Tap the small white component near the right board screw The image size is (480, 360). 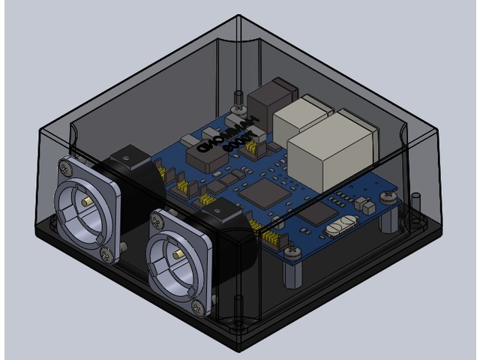tap(366, 203)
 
